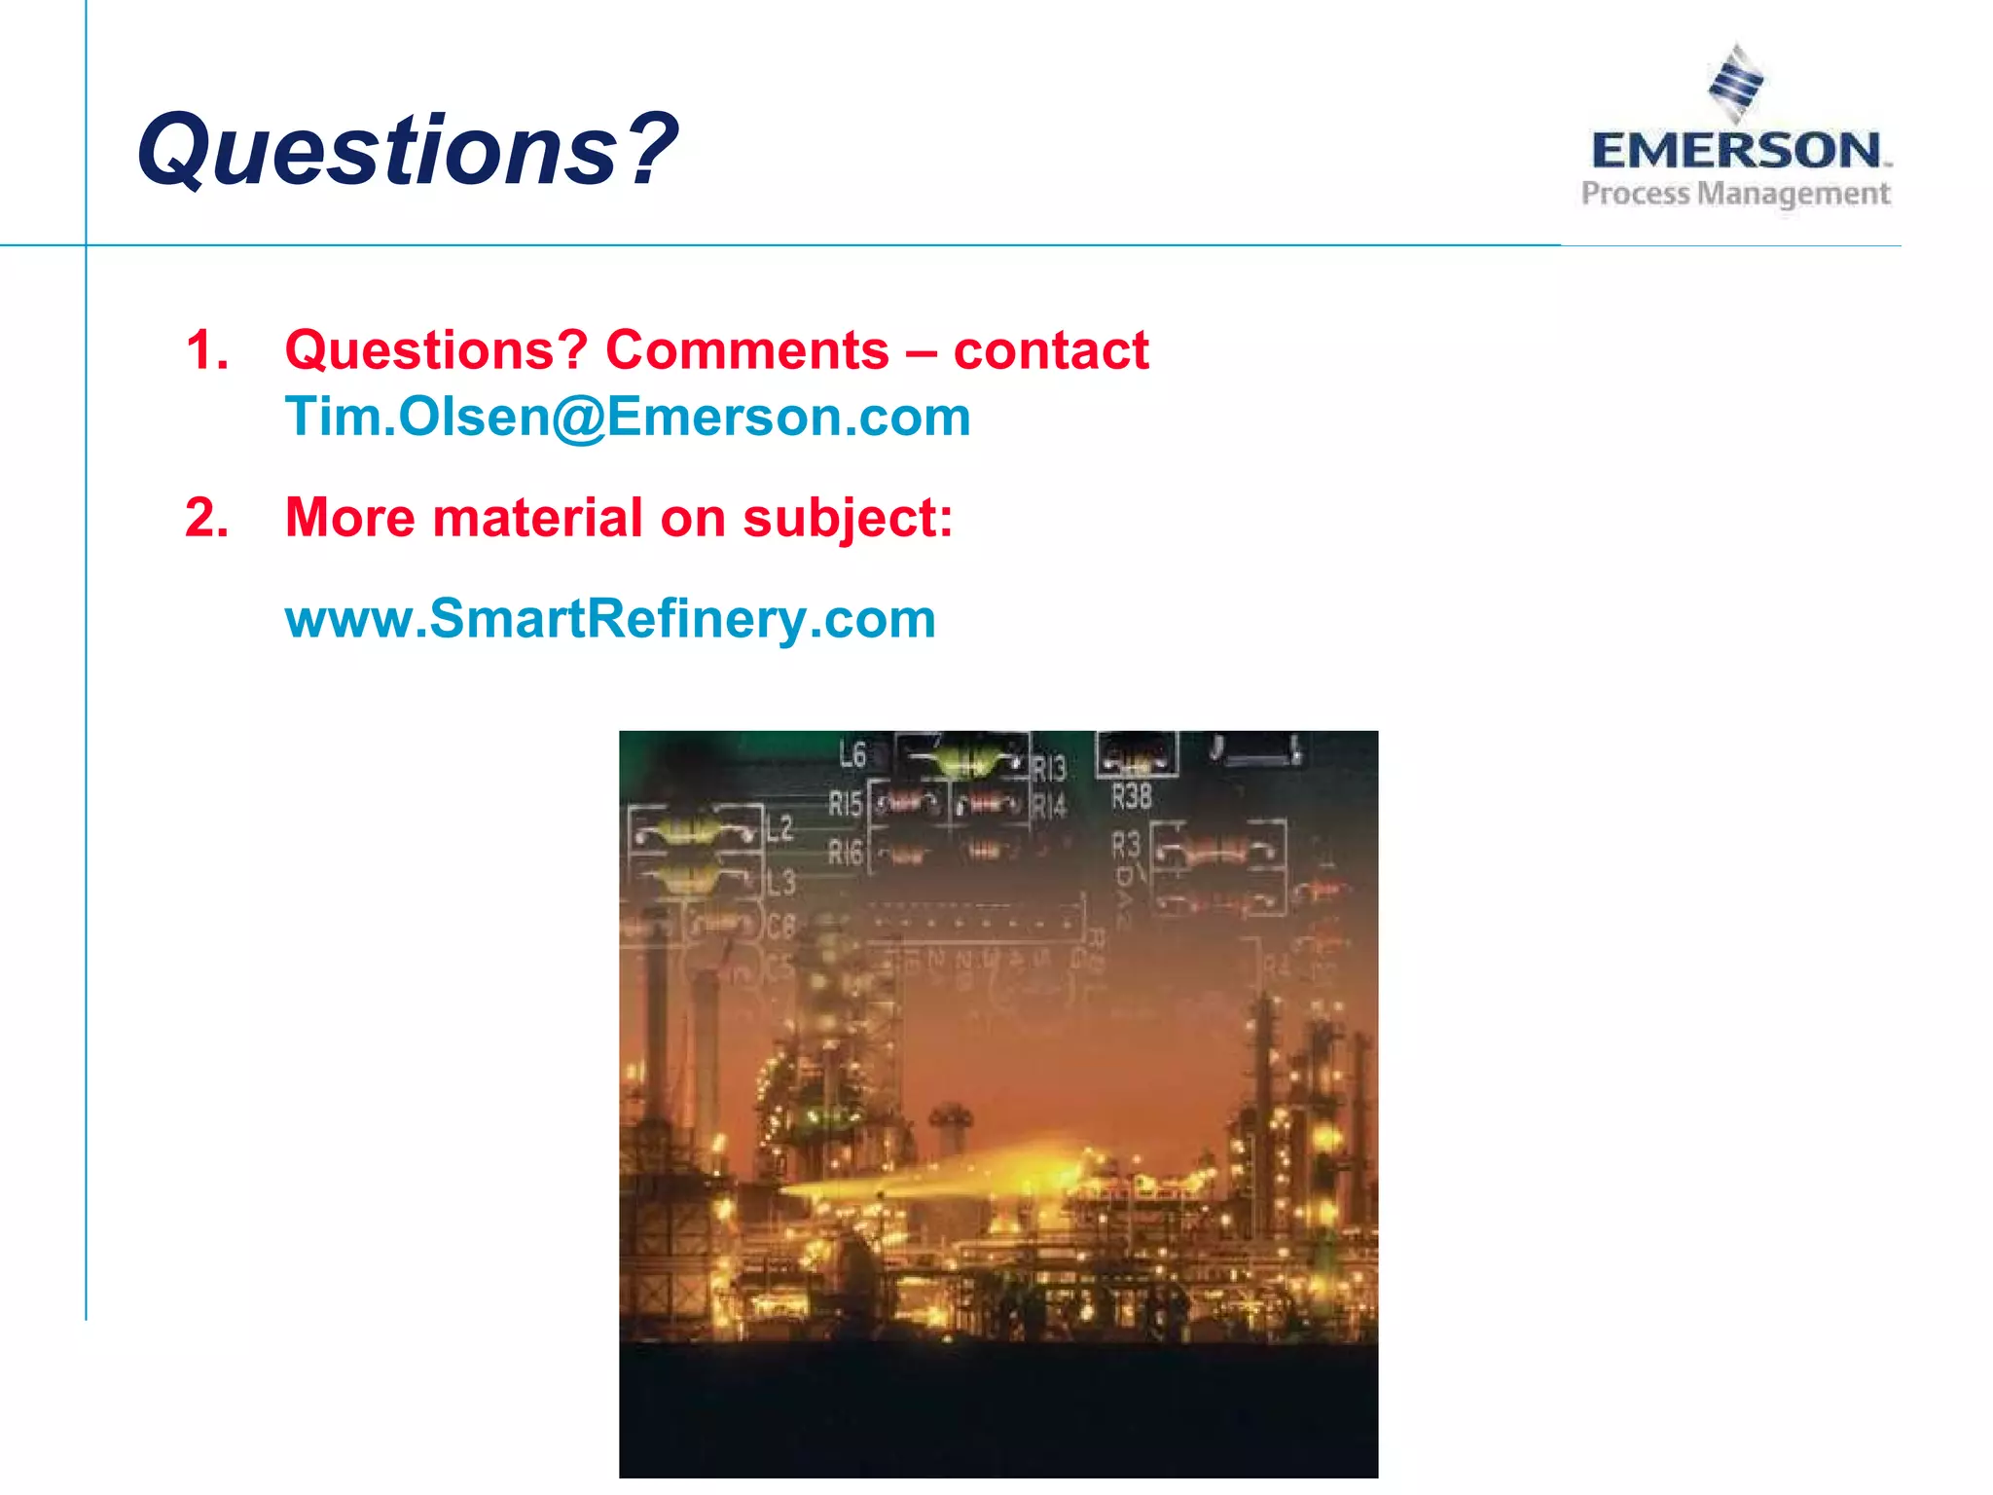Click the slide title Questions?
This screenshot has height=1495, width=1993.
pyautogui.click(x=407, y=150)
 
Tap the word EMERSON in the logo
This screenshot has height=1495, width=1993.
pyautogui.click(x=1737, y=151)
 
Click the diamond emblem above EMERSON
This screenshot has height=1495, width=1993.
pyautogui.click(x=1736, y=82)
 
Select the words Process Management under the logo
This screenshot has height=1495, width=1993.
pyautogui.click(x=1735, y=194)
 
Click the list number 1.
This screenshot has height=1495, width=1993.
pyautogui.click(x=206, y=349)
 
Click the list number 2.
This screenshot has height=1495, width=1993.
pyautogui.click(x=206, y=517)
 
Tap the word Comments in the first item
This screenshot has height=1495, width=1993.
pyautogui.click(x=746, y=349)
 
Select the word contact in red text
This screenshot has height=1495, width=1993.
pyautogui.click(x=1051, y=349)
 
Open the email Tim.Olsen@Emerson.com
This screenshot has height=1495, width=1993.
pyautogui.click(x=628, y=417)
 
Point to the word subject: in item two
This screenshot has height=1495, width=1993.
pyautogui.click(x=848, y=517)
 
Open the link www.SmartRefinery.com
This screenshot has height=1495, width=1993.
pyautogui.click(x=610, y=619)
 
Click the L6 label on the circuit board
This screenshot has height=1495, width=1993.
pyautogui.click(x=852, y=754)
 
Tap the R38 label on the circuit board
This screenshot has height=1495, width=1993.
pyautogui.click(x=1132, y=797)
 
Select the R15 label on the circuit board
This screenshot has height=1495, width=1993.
pyautogui.click(x=845, y=804)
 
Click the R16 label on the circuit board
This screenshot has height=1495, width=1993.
pyautogui.click(x=845, y=853)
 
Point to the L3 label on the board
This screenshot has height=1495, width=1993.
pyautogui.click(x=780, y=883)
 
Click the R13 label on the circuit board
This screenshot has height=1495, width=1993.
pyautogui.click(x=1049, y=769)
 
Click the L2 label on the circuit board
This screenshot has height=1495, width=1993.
pyautogui.click(x=779, y=829)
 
